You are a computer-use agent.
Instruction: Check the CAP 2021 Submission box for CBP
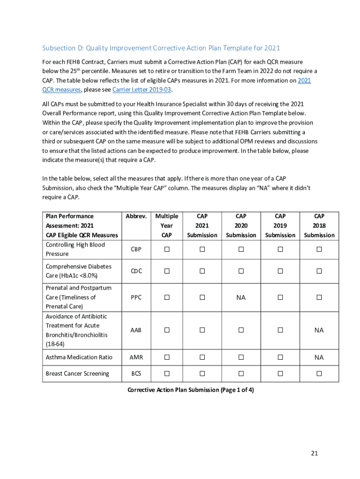(202, 249)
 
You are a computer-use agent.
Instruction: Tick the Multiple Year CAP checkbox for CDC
(166, 271)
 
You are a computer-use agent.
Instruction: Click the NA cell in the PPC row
(241, 298)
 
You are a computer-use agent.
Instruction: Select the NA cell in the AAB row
(319, 330)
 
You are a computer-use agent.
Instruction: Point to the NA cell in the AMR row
(319, 357)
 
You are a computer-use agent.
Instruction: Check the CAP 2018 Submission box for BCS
(319, 373)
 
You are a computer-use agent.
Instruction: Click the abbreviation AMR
(136, 357)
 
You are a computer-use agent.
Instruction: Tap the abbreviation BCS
(136, 373)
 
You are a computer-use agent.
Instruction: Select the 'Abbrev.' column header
(136, 216)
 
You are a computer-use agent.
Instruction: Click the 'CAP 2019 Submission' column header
(280, 225)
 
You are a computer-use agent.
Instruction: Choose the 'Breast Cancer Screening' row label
(77, 373)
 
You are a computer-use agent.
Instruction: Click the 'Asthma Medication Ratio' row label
(79, 357)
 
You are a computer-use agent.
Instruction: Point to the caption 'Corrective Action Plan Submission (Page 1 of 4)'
(190, 390)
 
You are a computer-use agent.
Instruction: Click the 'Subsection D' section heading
(161, 48)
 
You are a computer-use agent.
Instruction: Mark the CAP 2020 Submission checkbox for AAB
(241, 330)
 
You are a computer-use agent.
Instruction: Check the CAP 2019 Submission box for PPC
(280, 298)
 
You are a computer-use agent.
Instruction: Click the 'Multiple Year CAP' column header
(166, 225)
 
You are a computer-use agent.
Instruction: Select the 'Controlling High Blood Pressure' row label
(75, 249)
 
